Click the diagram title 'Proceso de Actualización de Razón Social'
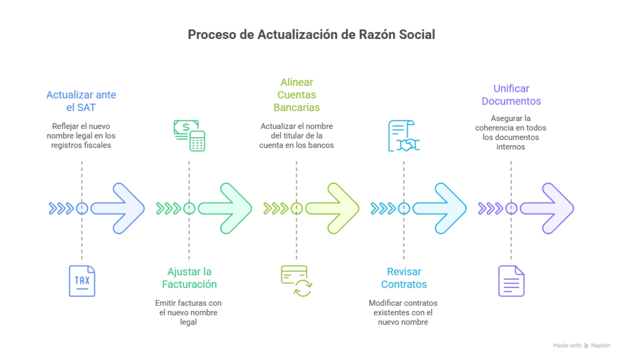(311, 35)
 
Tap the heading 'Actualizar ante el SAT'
(82, 101)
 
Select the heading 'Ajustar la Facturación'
(189, 278)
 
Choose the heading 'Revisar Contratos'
(403, 278)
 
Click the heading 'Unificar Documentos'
(511, 95)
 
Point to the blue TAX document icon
(82, 281)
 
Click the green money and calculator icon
(189, 135)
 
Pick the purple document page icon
(511, 281)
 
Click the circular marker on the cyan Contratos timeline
(403, 209)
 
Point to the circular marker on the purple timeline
(511, 209)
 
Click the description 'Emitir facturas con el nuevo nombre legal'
(189, 313)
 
